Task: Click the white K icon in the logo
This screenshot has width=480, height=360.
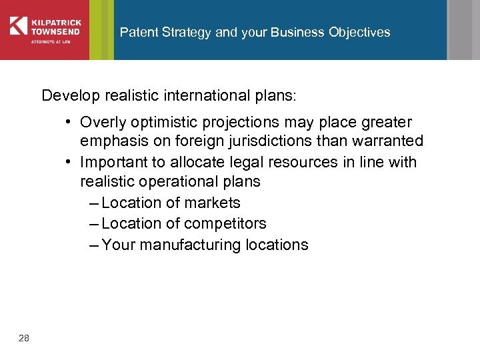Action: click(x=18, y=25)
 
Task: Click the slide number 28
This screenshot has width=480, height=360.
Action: click(x=24, y=339)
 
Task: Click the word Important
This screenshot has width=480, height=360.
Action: click(x=111, y=162)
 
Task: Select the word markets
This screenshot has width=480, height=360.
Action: click(x=214, y=203)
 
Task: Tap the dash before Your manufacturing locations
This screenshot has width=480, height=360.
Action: click(x=94, y=245)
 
